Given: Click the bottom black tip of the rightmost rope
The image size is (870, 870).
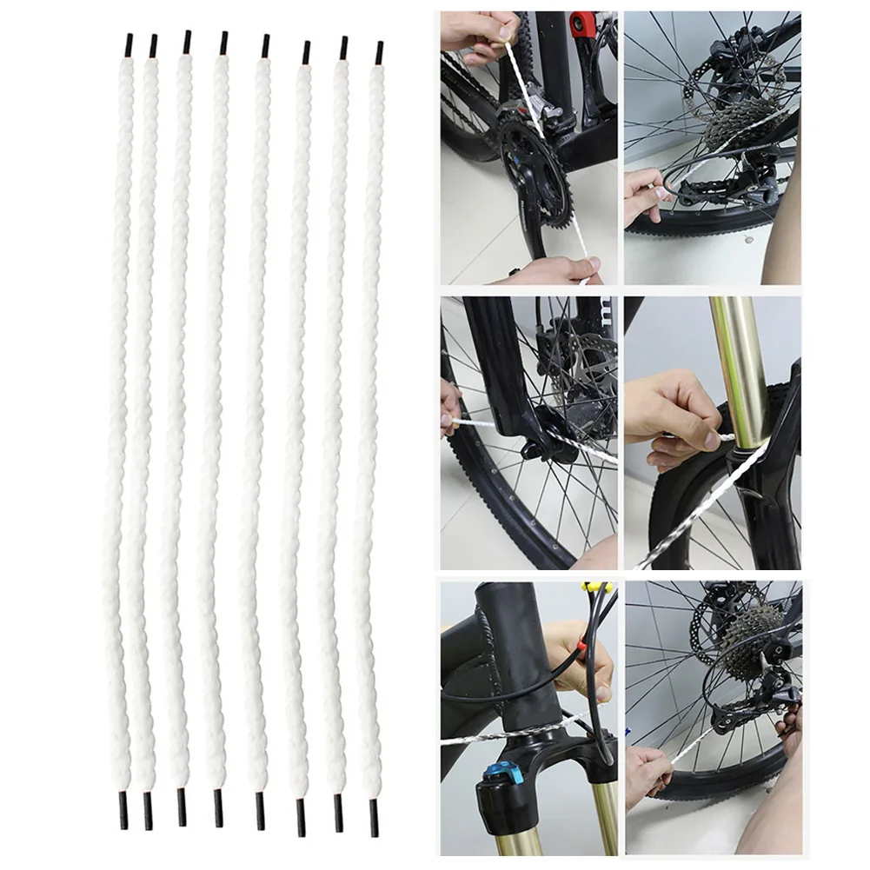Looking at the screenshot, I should pyautogui.click(x=375, y=814).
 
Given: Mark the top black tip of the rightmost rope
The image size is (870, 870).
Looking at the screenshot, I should pyautogui.click(x=379, y=52).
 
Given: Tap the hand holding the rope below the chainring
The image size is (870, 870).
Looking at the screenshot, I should pyautogui.click(x=556, y=270).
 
